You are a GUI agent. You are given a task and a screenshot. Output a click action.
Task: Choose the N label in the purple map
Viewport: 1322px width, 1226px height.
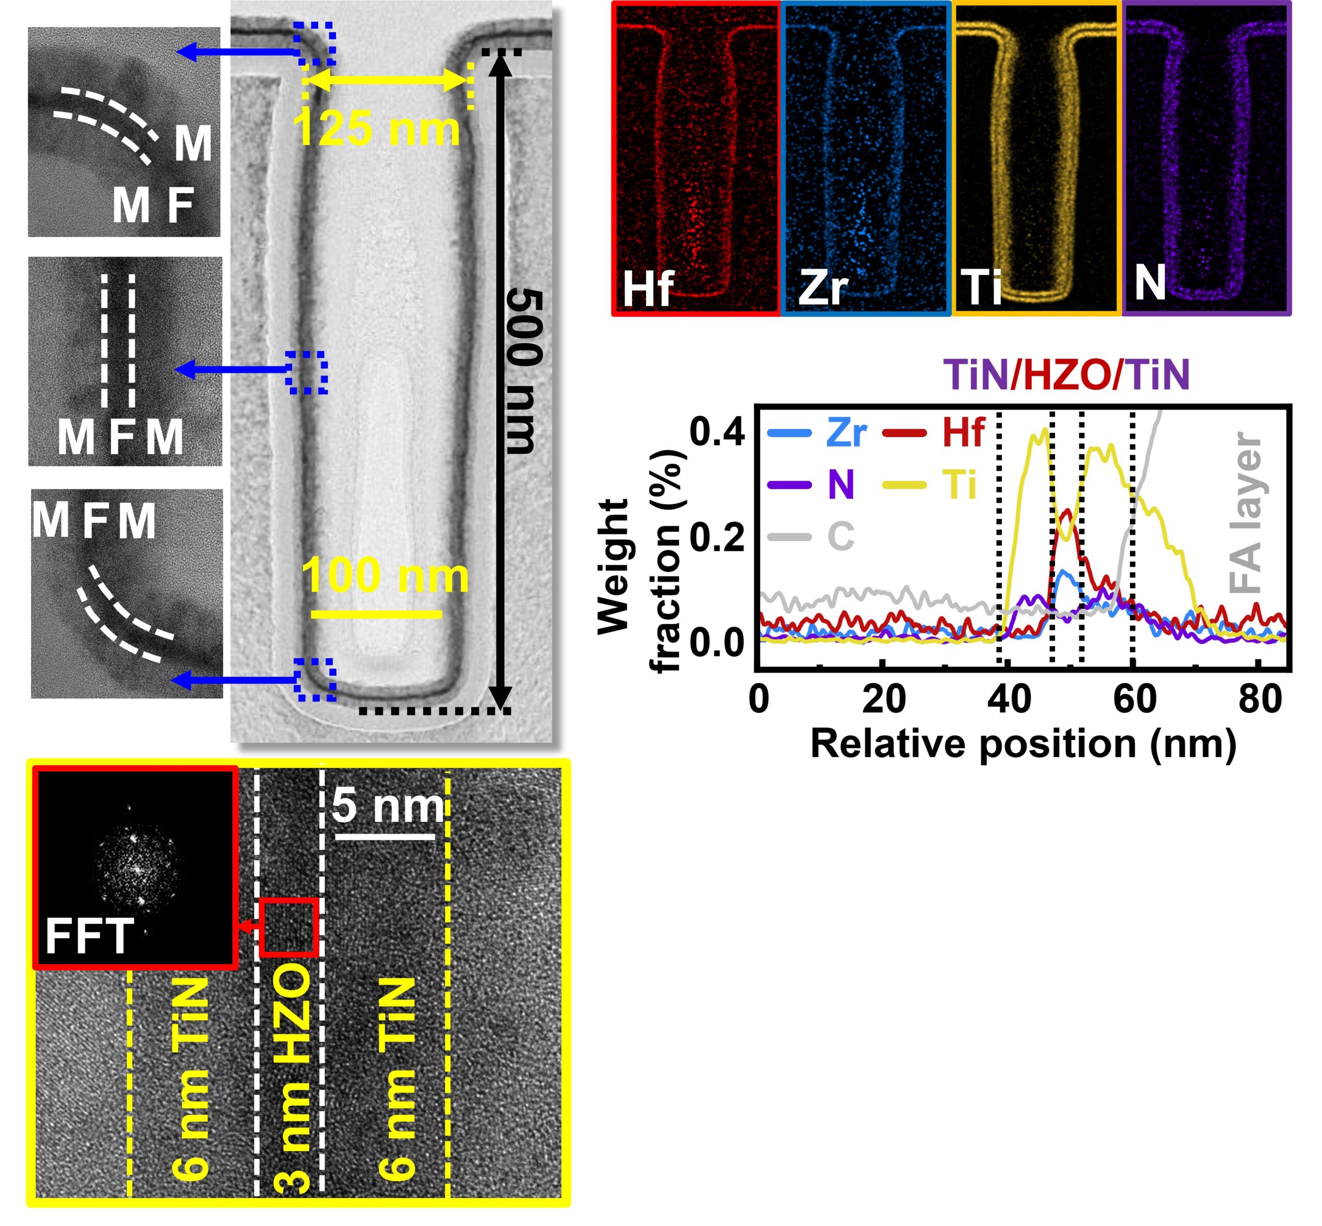click(1150, 282)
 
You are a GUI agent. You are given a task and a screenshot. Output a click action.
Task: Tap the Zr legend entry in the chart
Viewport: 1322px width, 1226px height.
click(817, 433)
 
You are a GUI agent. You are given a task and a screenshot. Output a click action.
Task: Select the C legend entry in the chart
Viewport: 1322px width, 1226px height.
click(812, 536)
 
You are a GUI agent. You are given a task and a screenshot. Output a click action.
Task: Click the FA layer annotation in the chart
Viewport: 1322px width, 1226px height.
click(1245, 512)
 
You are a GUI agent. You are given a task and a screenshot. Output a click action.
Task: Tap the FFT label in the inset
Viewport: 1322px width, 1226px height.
click(89, 935)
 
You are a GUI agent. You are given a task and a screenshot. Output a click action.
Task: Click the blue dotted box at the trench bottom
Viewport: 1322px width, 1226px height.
click(315, 679)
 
